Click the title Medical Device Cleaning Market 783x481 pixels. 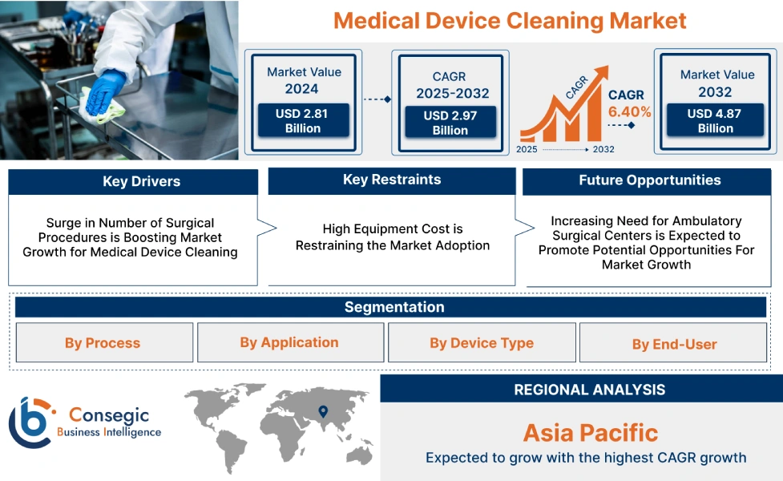tap(510, 20)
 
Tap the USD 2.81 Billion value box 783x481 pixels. tap(303, 121)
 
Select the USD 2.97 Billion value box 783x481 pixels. tap(450, 123)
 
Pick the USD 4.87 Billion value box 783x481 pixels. tap(715, 121)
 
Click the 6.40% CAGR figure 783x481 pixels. tap(629, 111)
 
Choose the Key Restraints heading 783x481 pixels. tap(391, 180)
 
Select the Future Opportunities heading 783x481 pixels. tap(649, 180)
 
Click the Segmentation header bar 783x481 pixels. tap(394, 307)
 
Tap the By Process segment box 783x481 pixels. tap(103, 343)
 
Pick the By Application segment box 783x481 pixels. tap(289, 342)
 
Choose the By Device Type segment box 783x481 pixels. tap(481, 343)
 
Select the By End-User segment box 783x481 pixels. tap(674, 344)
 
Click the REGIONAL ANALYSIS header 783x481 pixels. tap(589, 390)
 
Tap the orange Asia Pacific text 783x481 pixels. tap(590, 433)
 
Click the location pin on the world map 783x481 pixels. tap(323, 412)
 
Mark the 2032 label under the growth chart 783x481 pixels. tap(603, 149)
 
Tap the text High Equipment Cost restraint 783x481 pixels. tap(392, 237)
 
